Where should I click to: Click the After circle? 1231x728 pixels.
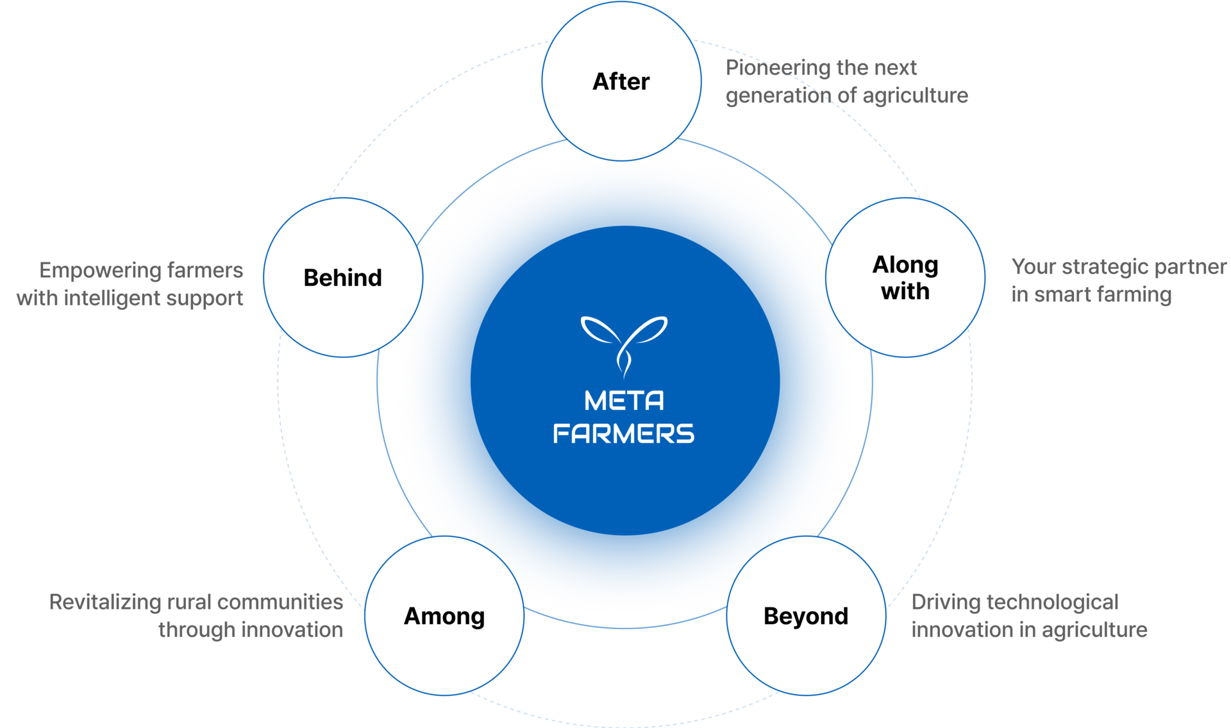621,81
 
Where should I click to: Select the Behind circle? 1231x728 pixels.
343,278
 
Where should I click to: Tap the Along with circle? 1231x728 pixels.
905,278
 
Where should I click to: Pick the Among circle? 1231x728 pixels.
444,616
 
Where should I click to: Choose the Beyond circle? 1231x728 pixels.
806,616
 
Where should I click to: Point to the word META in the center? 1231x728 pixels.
624,401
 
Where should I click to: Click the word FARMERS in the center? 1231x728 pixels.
624,434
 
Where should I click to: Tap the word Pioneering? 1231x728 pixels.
778,68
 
